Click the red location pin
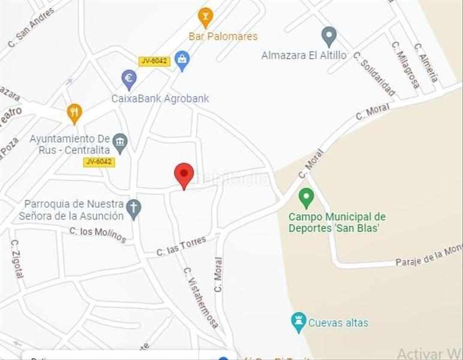click(184, 175)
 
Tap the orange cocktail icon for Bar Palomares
click(206, 17)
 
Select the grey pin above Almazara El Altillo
click(329, 36)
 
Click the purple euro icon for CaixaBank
click(129, 79)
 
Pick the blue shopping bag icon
click(183, 61)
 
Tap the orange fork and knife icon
click(74, 113)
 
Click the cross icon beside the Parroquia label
click(134, 209)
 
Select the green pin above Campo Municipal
click(306, 197)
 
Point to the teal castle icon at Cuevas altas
click(298, 322)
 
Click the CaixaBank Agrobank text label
click(160, 98)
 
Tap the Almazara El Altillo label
click(304, 55)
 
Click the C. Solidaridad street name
click(374, 74)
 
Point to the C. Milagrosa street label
click(405, 65)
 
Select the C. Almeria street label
click(426, 63)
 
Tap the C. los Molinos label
click(98, 235)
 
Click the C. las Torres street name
click(181, 246)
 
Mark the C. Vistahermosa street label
click(201, 298)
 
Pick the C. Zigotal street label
click(17, 259)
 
